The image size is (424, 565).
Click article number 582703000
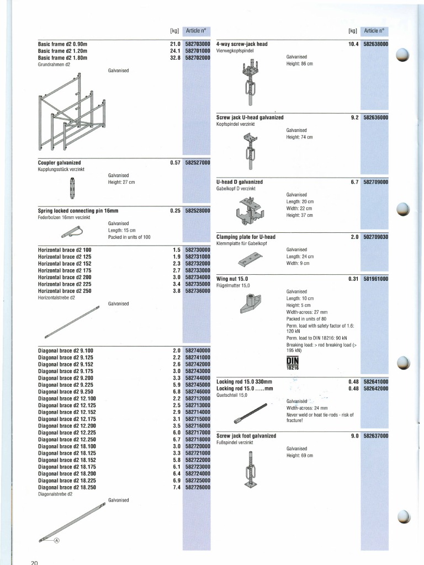[x=198, y=44]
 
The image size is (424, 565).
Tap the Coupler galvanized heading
[x=60, y=163]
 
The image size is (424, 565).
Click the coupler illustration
[x=72, y=188]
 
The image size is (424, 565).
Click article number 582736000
[x=198, y=291]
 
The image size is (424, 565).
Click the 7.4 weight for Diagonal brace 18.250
[x=176, y=488]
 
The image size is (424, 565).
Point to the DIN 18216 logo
[x=292, y=363]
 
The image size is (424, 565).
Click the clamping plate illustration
[x=250, y=258]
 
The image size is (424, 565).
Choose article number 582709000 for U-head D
[x=375, y=182]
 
